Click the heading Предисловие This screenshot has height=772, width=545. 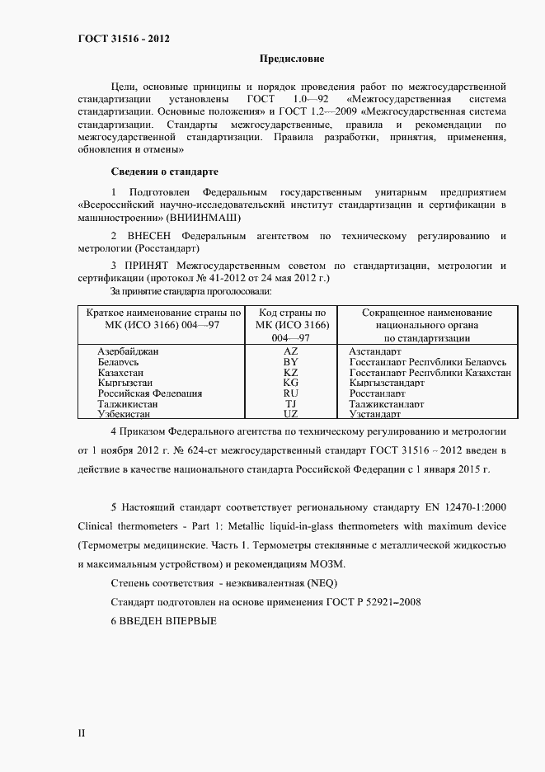click(x=292, y=59)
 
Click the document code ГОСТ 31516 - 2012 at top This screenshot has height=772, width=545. click(x=124, y=39)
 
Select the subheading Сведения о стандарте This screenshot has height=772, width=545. click(x=164, y=172)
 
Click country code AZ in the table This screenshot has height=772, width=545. click(x=290, y=351)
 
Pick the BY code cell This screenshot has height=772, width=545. click(x=290, y=362)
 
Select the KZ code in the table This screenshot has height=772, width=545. click(x=290, y=373)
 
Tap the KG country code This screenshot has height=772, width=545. click(x=290, y=384)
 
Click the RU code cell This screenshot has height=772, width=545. click(x=290, y=394)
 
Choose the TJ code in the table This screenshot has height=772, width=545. click(x=290, y=404)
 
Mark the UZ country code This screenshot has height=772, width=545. click(x=290, y=415)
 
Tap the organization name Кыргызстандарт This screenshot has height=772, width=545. click(x=387, y=384)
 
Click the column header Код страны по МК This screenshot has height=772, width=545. click(x=292, y=313)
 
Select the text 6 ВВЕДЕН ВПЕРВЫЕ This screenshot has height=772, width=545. click(x=163, y=620)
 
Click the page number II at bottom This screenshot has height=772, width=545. click(x=82, y=732)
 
